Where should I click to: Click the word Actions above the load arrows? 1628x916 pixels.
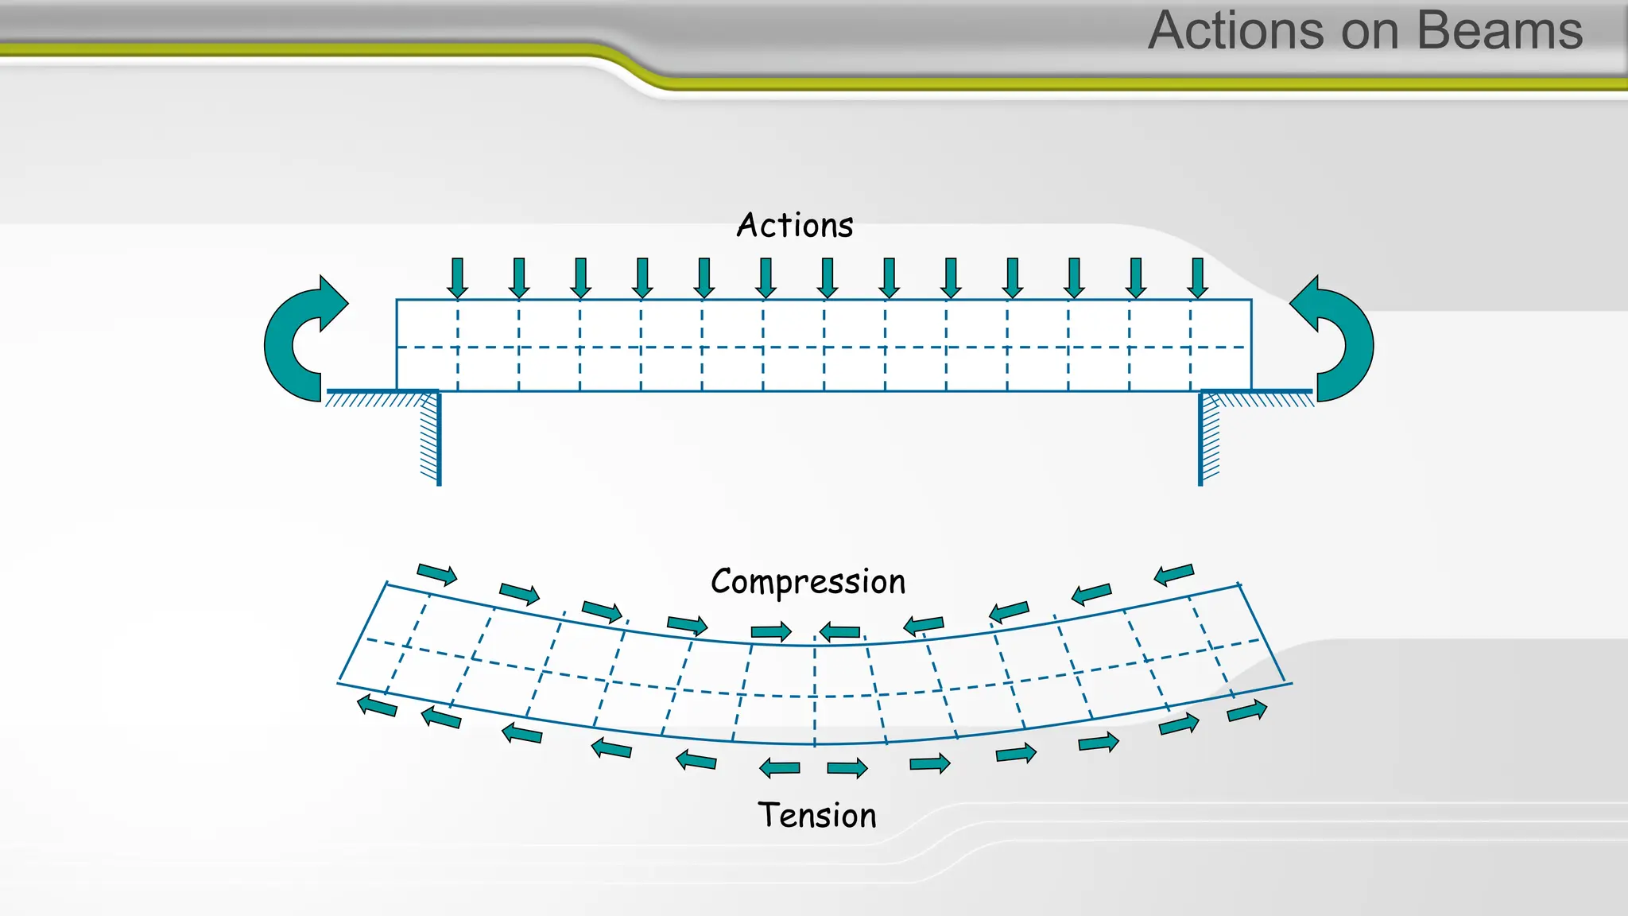pos(795,226)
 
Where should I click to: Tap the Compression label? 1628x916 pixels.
pos(808,582)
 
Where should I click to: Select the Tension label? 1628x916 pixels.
pos(816,816)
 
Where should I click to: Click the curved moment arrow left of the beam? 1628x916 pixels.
pos(298,342)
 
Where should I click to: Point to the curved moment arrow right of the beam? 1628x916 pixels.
pos(1339,342)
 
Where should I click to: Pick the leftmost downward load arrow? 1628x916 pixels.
pos(457,278)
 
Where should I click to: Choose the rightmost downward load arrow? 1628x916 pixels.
pos(1197,278)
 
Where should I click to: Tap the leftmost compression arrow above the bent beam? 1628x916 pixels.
pos(437,574)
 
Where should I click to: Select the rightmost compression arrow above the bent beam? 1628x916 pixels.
pos(1174,573)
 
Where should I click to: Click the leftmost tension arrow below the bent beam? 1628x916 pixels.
pos(377,705)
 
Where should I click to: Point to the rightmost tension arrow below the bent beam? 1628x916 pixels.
pos(1246,710)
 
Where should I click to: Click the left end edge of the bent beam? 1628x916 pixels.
pos(362,633)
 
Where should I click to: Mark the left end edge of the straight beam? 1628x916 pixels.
pos(397,345)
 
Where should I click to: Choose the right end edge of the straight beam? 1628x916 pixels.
pos(1251,345)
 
